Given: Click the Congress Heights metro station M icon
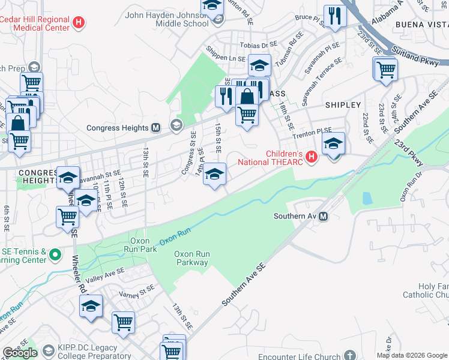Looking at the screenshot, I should pos(155,128).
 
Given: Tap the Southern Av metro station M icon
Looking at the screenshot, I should pos(324,216).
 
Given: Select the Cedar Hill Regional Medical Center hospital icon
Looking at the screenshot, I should pos(77,23).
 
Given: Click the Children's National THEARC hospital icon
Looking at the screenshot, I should pos(311,157).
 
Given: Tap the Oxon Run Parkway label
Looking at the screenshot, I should pos(191,258).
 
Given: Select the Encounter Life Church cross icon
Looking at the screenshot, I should pos(351,356).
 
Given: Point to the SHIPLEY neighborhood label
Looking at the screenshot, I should pos(343,104).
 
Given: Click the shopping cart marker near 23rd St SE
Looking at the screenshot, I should pos(386,68).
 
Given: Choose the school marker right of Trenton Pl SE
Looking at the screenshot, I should pos(333,143).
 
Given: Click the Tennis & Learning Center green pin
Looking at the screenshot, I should pos(55,256).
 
